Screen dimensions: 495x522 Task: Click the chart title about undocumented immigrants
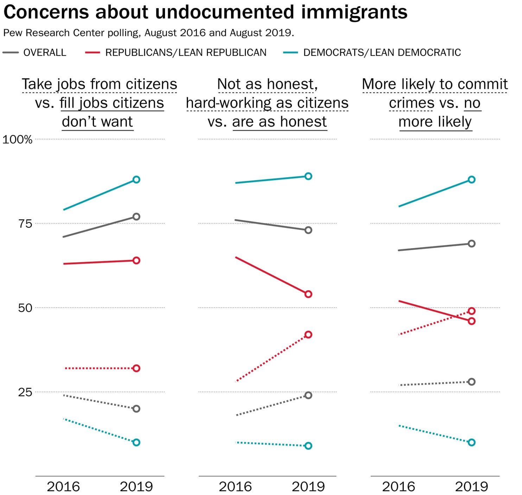[205, 12]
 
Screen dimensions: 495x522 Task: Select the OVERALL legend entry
[44, 52]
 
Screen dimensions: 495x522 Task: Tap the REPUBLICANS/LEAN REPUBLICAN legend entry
[186, 52]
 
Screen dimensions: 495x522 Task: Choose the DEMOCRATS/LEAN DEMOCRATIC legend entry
[382, 52]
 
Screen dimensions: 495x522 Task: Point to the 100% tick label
[17, 140]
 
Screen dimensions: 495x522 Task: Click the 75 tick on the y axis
[25, 224]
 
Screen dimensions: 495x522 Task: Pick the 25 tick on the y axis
[25, 392]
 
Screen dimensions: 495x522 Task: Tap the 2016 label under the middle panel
[235, 487]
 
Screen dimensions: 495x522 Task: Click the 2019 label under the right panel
[471, 487]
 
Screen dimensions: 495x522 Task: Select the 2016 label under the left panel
[63, 487]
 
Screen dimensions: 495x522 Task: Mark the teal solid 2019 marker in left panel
[136, 180]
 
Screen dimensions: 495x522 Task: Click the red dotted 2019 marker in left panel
[136, 368]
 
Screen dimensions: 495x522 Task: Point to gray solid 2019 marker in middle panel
[308, 230]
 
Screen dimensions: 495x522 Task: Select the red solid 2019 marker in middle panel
[308, 294]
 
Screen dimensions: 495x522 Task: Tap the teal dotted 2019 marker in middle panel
[308, 446]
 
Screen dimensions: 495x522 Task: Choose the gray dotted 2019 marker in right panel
[472, 382]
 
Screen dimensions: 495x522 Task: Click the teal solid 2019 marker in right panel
[472, 180]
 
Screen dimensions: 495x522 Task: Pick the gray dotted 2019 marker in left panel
[136, 409]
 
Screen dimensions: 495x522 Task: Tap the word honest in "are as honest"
[304, 122]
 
